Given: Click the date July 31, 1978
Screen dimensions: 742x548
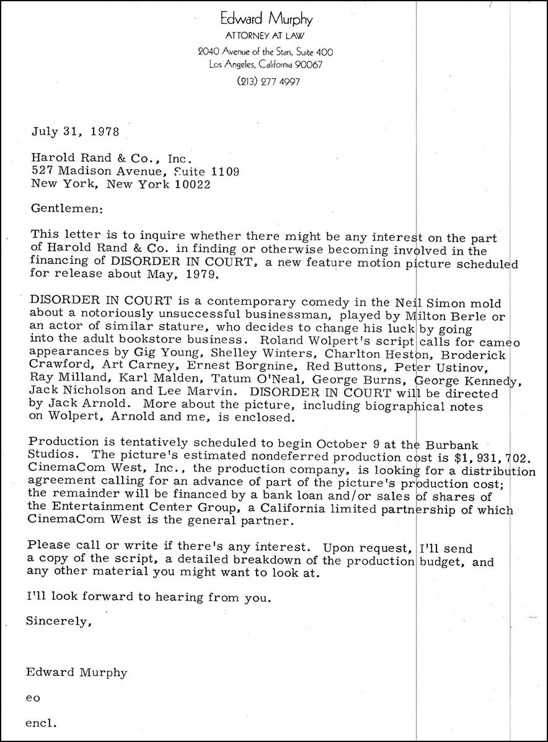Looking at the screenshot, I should tap(71, 131).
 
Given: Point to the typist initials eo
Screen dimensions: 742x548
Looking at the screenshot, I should tap(33, 697).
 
